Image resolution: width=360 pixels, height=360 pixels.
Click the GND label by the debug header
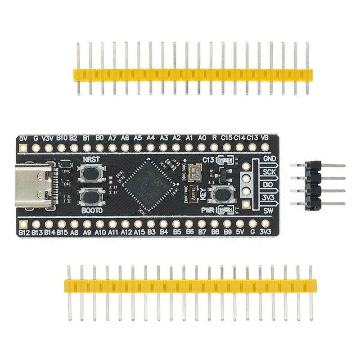(x=270, y=158)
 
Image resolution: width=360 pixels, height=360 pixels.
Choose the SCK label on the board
(x=270, y=171)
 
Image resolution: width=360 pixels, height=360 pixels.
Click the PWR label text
(x=207, y=210)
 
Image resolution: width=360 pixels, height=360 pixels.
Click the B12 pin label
(x=24, y=232)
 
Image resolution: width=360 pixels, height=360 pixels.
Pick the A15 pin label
(x=139, y=232)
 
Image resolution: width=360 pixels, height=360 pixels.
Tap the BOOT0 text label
(x=92, y=210)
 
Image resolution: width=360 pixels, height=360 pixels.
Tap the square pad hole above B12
(x=24, y=222)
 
